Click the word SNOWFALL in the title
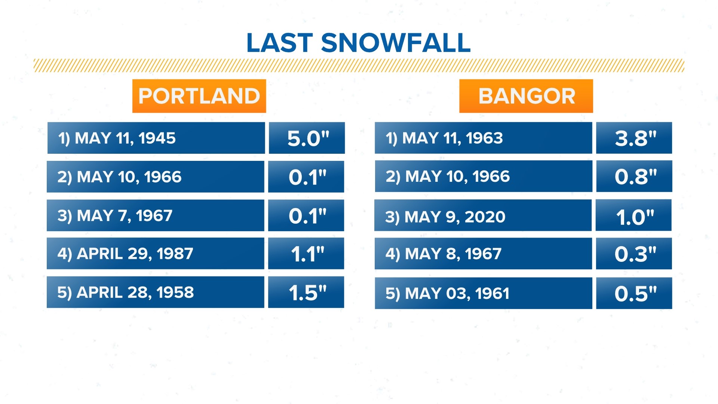click(x=396, y=43)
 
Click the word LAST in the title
click(x=280, y=43)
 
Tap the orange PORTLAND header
click(x=199, y=96)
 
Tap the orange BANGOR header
click(x=526, y=96)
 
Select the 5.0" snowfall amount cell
click(x=307, y=138)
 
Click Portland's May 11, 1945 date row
click(x=156, y=138)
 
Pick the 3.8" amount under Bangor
click(x=634, y=138)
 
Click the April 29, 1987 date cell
click(x=155, y=254)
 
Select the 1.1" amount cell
click(x=306, y=254)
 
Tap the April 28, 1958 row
click(x=155, y=292)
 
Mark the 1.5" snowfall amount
click(x=306, y=292)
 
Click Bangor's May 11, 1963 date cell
click(x=483, y=138)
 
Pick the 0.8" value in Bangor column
click(x=634, y=176)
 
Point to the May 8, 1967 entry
click(x=483, y=254)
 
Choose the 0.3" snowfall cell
click(x=634, y=254)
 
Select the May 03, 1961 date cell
click(x=483, y=293)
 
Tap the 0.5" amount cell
click(x=634, y=293)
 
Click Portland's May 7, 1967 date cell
click(x=155, y=215)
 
